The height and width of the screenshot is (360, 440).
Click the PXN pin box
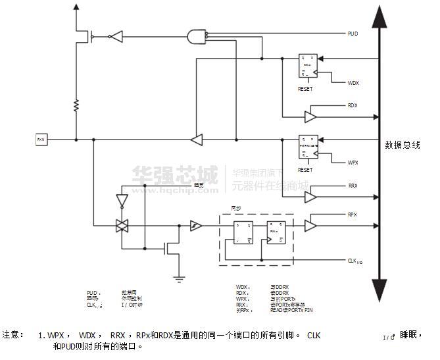[x=41, y=140]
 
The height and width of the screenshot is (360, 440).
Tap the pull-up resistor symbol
[x=76, y=105]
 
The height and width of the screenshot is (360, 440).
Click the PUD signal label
[x=353, y=33]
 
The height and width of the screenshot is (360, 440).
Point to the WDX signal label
[x=353, y=82]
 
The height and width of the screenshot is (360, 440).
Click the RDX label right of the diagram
[x=353, y=105]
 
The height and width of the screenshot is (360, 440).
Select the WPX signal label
[x=353, y=162]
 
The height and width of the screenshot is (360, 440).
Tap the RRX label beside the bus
[x=353, y=186]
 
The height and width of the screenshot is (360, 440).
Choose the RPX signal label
[x=353, y=215]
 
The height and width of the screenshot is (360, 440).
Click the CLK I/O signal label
[x=354, y=261]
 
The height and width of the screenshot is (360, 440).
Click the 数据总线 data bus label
[x=403, y=145]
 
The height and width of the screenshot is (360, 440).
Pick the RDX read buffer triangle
[x=310, y=116]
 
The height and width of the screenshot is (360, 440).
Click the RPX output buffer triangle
[x=310, y=226]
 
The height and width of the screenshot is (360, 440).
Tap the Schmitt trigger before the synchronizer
[x=195, y=226]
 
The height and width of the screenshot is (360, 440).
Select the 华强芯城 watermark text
[x=174, y=175]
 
